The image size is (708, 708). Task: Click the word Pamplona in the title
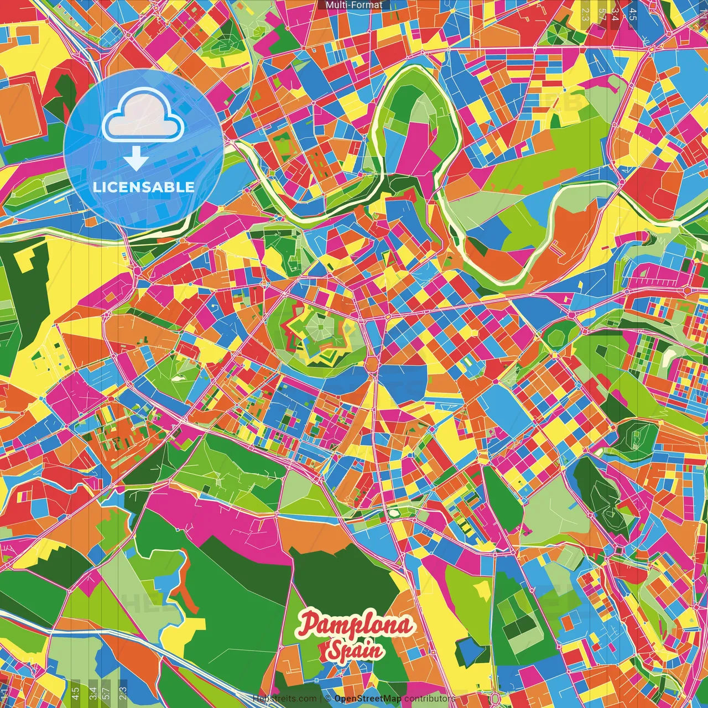click(x=356, y=625)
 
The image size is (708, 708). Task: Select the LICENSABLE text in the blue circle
click(x=143, y=187)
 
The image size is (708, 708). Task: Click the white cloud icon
click(x=143, y=118)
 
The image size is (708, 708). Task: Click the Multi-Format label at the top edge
click(x=353, y=5)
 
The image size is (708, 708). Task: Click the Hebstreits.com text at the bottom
click(x=284, y=699)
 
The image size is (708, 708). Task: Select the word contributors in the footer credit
click(x=429, y=699)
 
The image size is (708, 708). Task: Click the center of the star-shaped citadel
click(x=319, y=331)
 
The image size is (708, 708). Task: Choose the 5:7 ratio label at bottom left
click(x=106, y=691)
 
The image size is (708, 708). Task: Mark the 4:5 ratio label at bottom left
click(x=75, y=691)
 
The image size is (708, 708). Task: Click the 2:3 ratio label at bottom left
click(x=123, y=691)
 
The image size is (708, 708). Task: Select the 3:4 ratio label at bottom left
click(x=92, y=691)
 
